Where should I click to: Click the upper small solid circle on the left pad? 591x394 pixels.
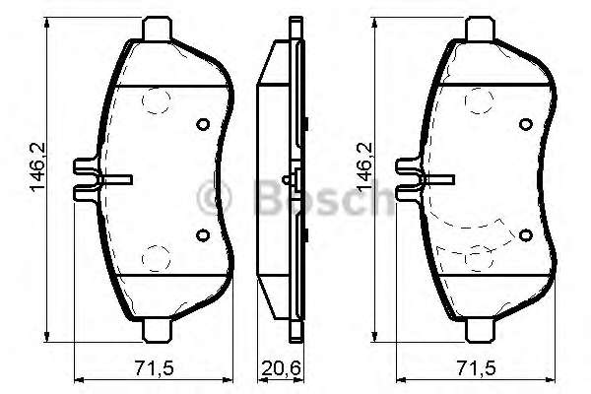click(x=203, y=124)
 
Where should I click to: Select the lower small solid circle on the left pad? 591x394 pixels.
click(x=203, y=234)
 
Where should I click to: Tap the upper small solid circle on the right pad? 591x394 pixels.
click(x=525, y=124)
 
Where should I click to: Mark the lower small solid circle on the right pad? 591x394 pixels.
click(x=525, y=234)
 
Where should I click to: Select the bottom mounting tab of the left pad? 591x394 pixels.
click(x=159, y=330)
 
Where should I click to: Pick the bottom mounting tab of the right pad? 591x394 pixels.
click(x=480, y=330)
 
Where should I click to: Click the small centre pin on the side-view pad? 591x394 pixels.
click(x=286, y=180)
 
